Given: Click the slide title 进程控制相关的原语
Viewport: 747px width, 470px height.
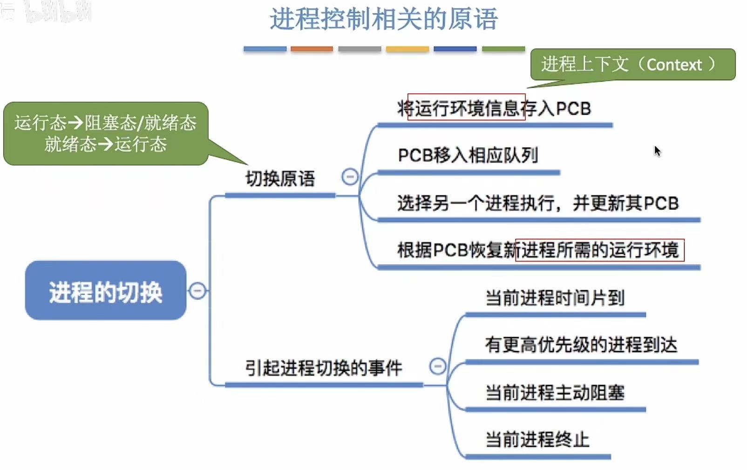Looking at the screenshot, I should pos(384,20).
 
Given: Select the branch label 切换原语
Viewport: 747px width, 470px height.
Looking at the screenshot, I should pos(280,179).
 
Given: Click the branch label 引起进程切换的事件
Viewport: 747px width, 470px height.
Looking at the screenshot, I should pos(324,368).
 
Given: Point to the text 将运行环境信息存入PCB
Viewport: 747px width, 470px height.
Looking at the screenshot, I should pos(494,109).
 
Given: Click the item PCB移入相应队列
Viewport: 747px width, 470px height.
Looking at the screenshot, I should pos(468,155).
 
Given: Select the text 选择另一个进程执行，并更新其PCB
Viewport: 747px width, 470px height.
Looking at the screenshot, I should pos(538,203).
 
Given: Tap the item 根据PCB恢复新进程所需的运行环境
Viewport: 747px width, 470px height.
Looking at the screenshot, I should pos(538,250).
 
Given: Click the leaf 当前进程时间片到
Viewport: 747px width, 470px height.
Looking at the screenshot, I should pos(555,298).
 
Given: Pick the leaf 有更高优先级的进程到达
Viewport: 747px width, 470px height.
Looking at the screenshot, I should pos(581,345).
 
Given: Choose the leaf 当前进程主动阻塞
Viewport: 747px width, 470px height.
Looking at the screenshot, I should pos(555,393).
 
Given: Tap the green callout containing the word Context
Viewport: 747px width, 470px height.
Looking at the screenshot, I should pos(632,64).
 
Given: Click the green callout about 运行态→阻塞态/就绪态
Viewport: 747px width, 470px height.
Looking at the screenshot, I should pos(105,133).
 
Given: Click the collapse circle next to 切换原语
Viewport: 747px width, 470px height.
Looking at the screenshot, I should pos(350,177).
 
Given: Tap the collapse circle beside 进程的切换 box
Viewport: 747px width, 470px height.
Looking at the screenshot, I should pos(197,291).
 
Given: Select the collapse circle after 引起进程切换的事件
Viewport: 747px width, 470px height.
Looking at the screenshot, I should pos(437,366).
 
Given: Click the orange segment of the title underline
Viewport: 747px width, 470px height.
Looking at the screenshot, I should pos(312,49).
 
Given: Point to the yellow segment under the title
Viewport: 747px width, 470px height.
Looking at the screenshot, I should pos(407,49).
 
